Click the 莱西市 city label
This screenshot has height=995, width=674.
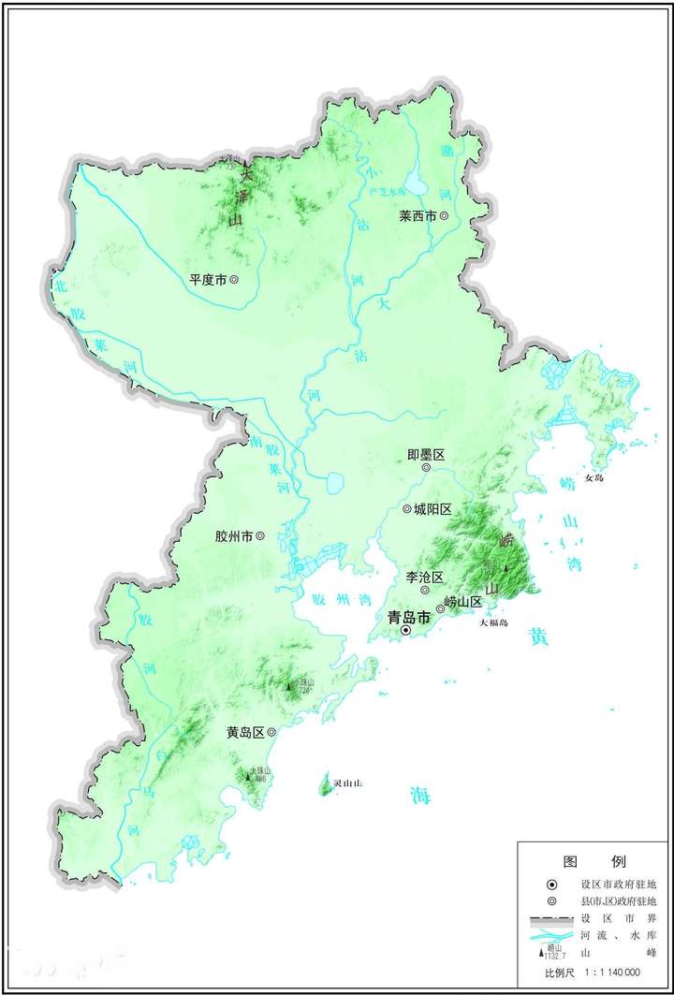418,215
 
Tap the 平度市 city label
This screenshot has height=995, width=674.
208,279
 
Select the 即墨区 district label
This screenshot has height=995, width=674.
425,454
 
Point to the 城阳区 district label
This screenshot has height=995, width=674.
433,508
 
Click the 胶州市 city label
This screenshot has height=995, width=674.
234,536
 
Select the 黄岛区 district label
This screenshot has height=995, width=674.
245,733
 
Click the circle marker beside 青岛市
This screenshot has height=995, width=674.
406,631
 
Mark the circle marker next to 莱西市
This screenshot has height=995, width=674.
444,215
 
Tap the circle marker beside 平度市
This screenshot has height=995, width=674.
234,279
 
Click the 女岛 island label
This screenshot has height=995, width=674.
595,477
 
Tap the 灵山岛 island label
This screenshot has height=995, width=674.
347,782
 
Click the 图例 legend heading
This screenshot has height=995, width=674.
594,860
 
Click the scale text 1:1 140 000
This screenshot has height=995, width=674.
612,973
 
